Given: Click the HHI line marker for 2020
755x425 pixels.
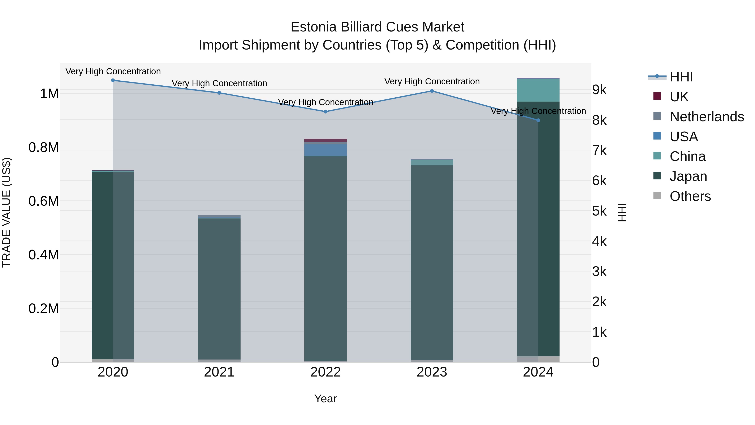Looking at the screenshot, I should tap(113, 80).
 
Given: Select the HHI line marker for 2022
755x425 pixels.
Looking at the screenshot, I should tap(325, 112).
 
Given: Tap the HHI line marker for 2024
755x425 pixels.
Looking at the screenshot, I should tap(538, 120).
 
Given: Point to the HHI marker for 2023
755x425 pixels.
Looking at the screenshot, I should tap(432, 91).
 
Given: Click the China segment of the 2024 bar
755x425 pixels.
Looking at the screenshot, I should tap(538, 90).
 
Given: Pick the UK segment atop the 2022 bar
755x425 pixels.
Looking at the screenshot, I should tap(325, 140).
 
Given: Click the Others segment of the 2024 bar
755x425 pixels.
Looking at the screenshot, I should tap(538, 359).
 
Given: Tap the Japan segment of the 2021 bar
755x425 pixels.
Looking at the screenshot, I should tap(219, 289).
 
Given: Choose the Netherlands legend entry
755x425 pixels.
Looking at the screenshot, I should tap(706, 117).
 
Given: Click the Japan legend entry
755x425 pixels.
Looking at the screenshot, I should tap(688, 176).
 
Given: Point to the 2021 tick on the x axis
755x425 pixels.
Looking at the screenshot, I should tap(219, 372).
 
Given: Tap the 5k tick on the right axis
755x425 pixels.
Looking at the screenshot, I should tap(599, 211).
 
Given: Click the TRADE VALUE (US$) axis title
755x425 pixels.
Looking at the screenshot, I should tap(7, 212).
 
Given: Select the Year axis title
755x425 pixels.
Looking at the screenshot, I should tap(325, 399).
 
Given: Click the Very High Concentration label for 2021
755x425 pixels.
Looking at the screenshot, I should tap(219, 83).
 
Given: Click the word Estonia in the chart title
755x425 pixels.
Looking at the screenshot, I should tap(313, 27).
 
